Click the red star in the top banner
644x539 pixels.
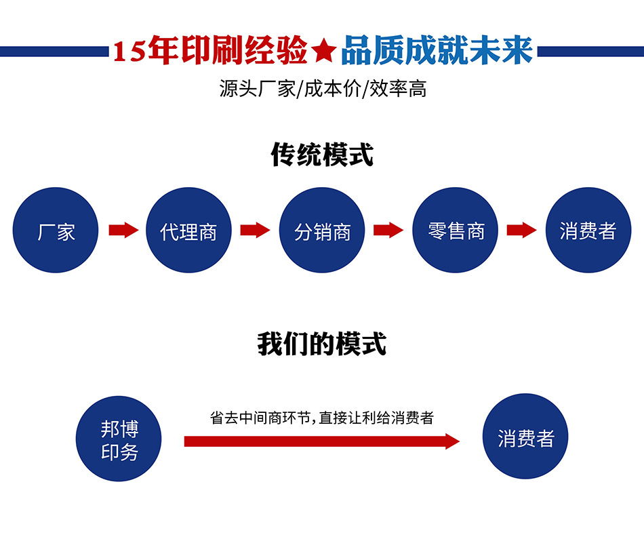point(324,52)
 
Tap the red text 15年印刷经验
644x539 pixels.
point(210,52)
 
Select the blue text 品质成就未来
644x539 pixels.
point(437,52)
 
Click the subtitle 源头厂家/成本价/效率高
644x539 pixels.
point(323,89)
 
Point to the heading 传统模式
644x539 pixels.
point(322,155)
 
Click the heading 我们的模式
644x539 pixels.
point(322,344)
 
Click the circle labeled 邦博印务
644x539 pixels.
point(119,439)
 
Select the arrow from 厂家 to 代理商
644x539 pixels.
point(123,231)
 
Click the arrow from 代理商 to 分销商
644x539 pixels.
point(256,231)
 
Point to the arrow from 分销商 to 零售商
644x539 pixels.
point(389,231)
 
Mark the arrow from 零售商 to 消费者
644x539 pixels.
point(522,231)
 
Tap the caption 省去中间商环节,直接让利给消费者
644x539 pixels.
point(322,418)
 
